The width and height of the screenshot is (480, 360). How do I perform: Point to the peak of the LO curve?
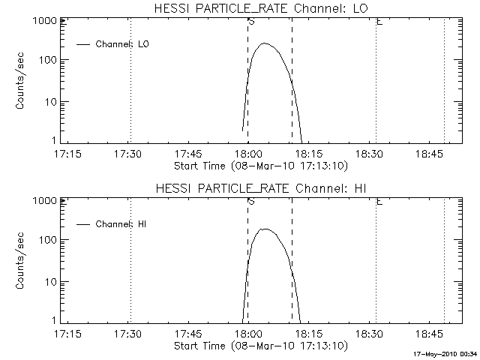[x=264, y=43]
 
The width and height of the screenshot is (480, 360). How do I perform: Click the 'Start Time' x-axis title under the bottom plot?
[x=260, y=345]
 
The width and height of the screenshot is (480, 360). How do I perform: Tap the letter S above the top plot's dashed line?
[x=250, y=22]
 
